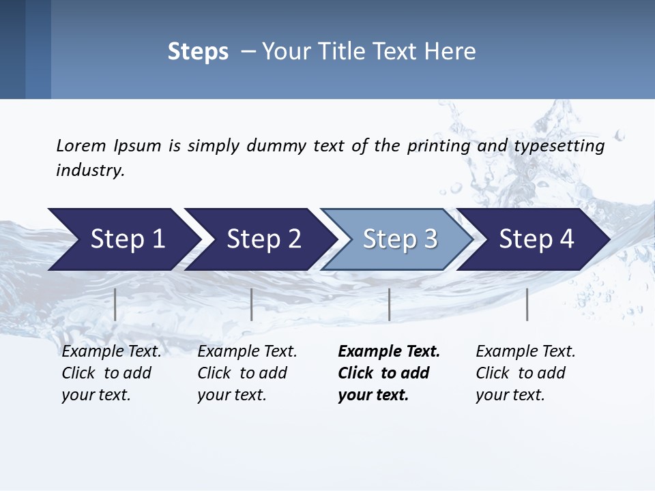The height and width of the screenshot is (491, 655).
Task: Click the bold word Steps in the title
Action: point(198,51)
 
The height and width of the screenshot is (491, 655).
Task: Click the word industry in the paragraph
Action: point(89,170)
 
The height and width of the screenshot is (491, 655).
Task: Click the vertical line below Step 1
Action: point(115,304)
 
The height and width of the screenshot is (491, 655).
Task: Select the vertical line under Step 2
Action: point(252,304)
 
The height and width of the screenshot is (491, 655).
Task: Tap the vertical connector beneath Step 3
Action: point(390,304)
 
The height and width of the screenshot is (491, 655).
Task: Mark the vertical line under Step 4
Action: point(527,304)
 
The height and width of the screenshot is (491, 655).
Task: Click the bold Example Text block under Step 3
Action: point(389,373)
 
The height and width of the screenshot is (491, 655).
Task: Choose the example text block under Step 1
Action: point(111,373)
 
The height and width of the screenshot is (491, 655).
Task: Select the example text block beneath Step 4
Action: point(525,373)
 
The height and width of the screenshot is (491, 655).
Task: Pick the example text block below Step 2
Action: point(247,373)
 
